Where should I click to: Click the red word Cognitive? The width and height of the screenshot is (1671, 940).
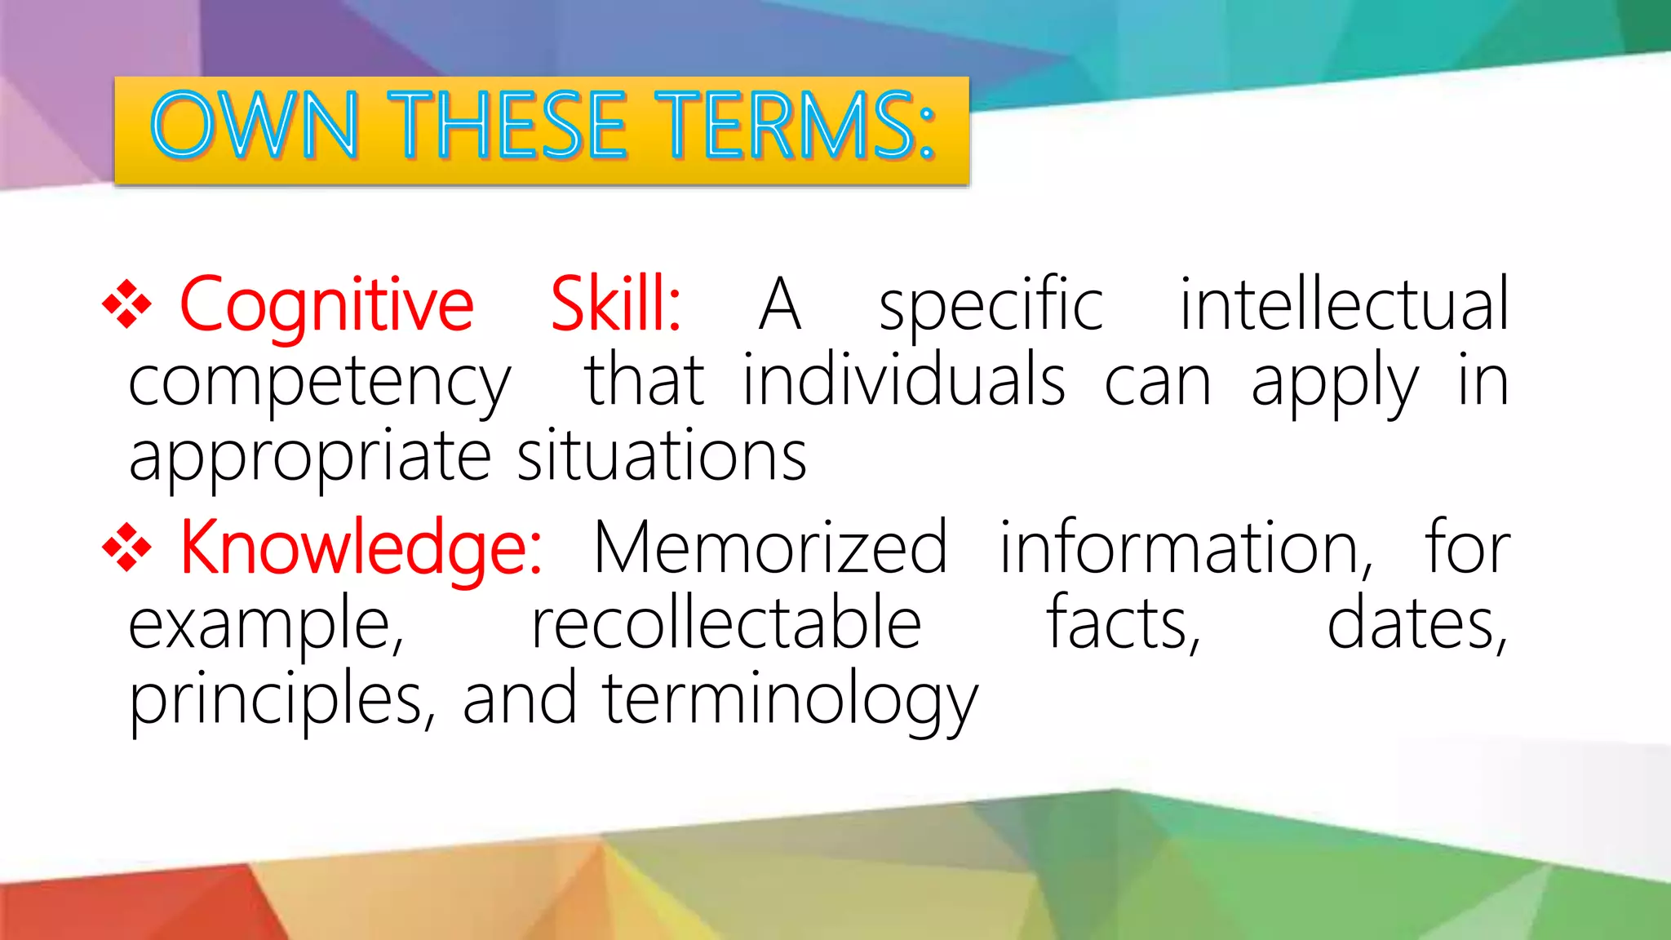pyautogui.click(x=326, y=306)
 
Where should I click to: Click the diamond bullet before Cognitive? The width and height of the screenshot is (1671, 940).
pyautogui.click(x=127, y=304)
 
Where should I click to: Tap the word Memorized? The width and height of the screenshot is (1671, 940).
pyautogui.click(x=770, y=548)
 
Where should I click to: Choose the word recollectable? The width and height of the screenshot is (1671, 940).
pyautogui.click(x=726, y=623)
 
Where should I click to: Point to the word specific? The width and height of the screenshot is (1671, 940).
pyautogui.click(x=991, y=306)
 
